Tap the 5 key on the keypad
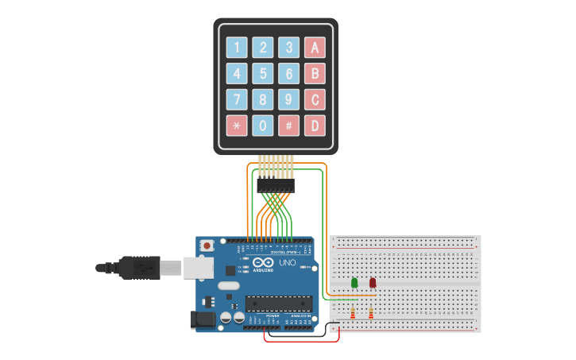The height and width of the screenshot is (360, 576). click(x=264, y=74)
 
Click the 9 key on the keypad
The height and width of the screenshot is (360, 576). click(x=289, y=99)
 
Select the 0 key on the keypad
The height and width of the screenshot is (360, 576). click(x=264, y=126)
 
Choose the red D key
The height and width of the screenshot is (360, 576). click(x=315, y=126)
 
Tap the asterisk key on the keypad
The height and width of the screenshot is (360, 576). click(x=237, y=126)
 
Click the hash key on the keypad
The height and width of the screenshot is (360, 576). click(x=289, y=126)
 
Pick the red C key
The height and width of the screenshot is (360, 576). click(x=315, y=99)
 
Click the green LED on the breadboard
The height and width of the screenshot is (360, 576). click(x=354, y=282)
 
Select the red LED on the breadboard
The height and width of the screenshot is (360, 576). click(x=373, y=282)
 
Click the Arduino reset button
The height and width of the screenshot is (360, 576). click(x=207, y=246)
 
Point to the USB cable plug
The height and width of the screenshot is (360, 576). click(x=144, y=269)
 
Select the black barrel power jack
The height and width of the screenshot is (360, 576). click(x=203, y=319)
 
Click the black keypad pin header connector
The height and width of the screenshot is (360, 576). click(x=276, y=185)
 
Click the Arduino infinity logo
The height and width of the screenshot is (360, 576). click(x=264, y=263)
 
